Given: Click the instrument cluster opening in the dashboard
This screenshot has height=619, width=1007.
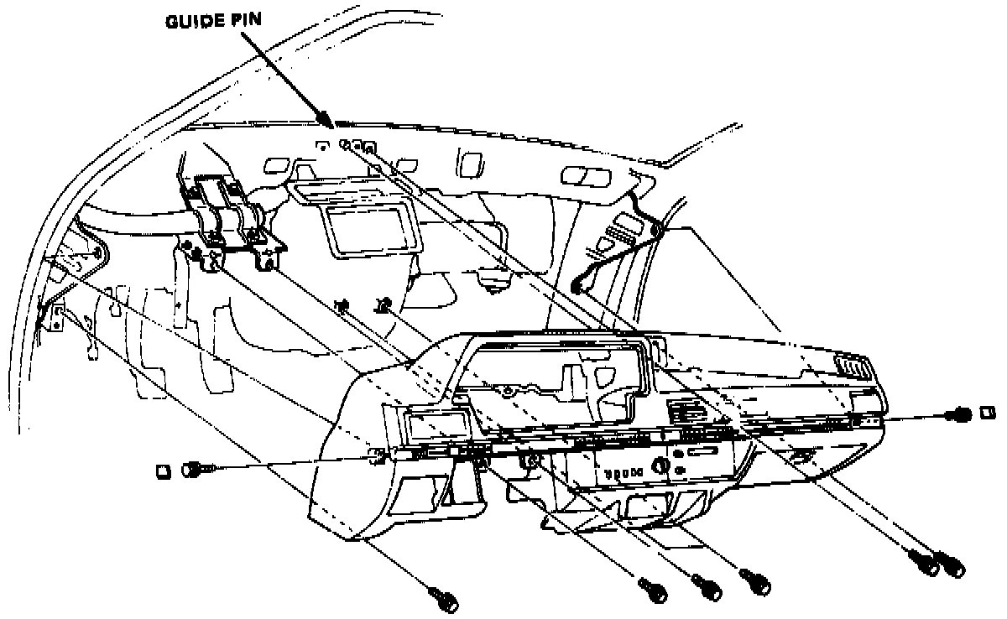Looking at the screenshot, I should pos(554,377).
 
